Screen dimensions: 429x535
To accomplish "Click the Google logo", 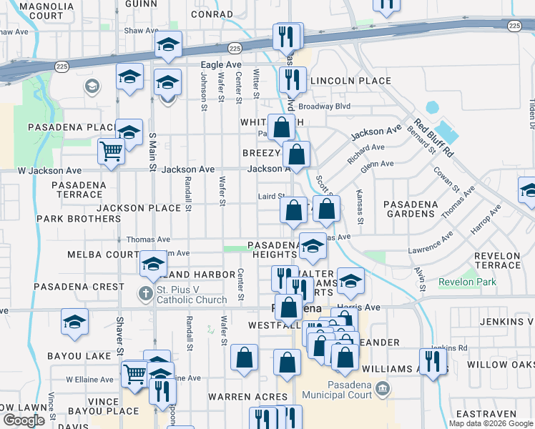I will tap(24, 420).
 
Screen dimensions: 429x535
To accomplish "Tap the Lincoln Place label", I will tap(350, 81).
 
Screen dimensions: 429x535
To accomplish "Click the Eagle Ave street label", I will tap(220, 64).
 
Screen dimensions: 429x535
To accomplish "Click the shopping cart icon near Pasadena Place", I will tap(111, 152).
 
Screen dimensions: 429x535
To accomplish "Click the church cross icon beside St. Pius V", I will tap(144, 294).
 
